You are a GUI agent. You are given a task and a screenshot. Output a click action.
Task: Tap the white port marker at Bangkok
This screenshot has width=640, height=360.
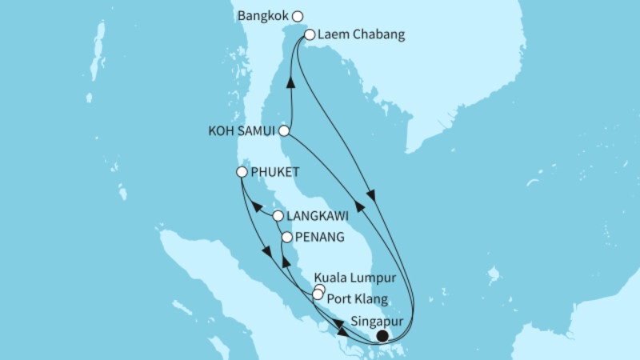(x=298, y=16)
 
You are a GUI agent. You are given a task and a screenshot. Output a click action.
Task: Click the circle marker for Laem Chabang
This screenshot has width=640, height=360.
(x=310, y=35)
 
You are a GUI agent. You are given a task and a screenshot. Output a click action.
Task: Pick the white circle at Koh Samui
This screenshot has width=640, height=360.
(x=283, y=130)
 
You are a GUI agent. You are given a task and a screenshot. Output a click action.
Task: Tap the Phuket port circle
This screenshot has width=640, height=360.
(x=242, y=172)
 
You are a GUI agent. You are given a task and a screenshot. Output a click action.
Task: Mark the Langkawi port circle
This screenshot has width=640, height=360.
(x=278, y=216)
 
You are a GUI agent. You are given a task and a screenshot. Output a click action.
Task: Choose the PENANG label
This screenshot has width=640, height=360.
(x=319, y=238)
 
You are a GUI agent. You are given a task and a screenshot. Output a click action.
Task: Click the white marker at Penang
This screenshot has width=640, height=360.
(x=287, y=238)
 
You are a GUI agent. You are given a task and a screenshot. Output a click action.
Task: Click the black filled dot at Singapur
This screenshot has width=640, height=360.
(x=382, y=336)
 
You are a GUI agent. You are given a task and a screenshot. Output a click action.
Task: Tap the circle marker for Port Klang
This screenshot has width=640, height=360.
(x=318, y=295)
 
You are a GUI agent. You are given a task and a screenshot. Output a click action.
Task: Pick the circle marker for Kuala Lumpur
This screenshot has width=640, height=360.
(x=320, y=289)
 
